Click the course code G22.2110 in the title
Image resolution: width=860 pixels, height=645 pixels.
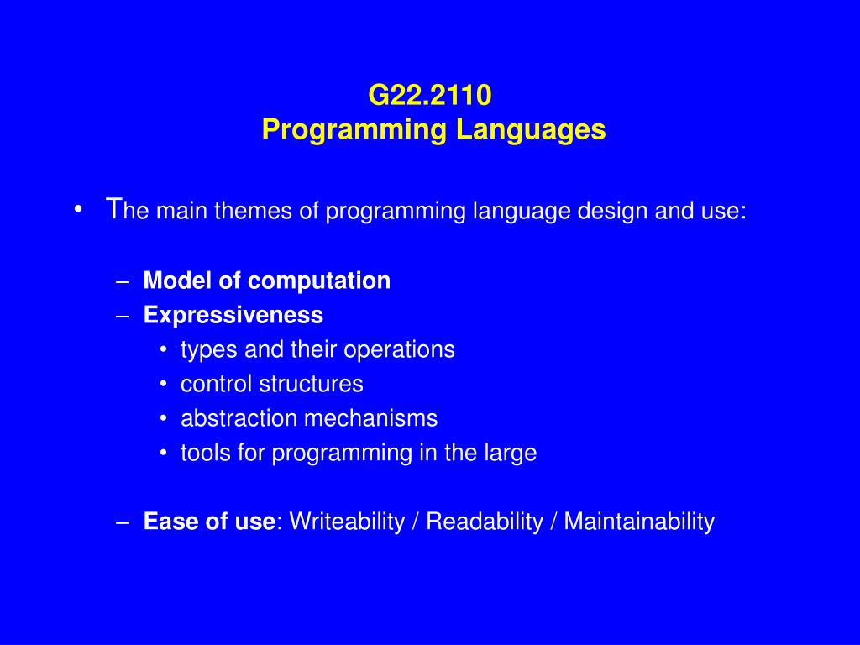430,95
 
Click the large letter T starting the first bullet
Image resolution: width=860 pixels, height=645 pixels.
113,208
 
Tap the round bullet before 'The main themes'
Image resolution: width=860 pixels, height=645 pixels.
78,210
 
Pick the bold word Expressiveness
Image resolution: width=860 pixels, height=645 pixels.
233,316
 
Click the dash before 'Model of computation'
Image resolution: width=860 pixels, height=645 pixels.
123,283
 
